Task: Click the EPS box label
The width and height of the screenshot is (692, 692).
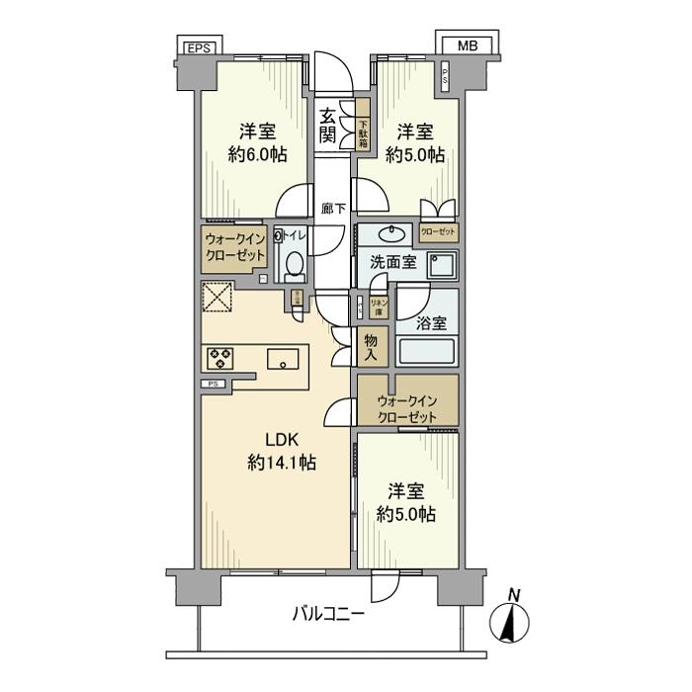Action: tap(199, 45)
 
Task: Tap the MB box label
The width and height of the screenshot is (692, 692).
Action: tap(464, 45)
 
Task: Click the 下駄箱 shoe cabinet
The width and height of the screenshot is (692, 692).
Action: tap(363, 126)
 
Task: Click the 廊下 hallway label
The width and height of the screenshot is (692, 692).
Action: tap(333, 209)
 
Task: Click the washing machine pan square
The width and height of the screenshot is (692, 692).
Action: tap(442, 266)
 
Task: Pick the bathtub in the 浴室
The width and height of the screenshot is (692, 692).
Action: tap(427, 352)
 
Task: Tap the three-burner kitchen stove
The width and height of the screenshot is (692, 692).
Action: tap(219, 358)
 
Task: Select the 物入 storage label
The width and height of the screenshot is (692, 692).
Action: tap(372, 346)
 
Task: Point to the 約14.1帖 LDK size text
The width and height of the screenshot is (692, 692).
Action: tap(276, 463)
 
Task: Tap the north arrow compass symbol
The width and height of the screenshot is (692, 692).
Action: tap(511, 621)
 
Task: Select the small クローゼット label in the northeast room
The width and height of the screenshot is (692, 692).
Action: tap(438, 232)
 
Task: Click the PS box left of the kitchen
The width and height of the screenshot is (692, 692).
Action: tap(213, 384)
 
